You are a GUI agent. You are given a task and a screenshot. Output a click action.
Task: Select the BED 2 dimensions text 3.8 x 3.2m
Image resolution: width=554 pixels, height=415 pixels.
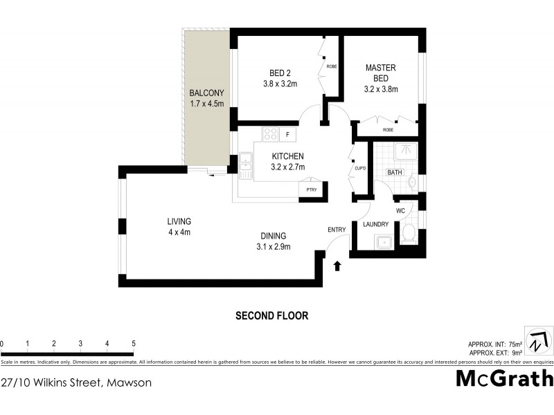[280, 84]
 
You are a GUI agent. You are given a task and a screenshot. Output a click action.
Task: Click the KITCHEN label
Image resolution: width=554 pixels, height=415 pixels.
[287, 156]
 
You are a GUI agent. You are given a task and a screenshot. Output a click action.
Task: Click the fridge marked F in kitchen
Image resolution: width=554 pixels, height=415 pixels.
[287, 134]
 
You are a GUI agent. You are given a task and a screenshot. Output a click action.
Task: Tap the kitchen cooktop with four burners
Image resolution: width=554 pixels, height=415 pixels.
[270, 134]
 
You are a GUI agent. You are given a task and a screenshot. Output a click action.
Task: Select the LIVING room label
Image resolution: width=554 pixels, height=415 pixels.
[179, 221]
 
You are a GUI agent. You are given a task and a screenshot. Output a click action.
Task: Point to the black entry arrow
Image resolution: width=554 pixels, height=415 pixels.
[338, 266]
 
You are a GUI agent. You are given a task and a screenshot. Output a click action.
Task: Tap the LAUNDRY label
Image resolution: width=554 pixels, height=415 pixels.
[375, 224]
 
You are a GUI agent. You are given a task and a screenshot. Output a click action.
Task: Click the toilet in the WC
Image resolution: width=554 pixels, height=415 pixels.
[408, 234]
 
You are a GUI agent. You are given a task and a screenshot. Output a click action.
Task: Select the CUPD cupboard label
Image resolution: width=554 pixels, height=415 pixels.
[359, 168]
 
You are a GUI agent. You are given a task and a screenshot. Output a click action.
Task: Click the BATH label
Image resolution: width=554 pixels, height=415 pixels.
[395, 172]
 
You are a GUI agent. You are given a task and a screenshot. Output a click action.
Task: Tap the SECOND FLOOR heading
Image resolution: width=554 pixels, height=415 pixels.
[272, 315]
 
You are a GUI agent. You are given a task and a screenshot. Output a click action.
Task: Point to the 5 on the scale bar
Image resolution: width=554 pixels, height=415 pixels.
[133, 344]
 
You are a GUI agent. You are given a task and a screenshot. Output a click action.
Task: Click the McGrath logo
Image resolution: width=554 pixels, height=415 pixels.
[504, 379]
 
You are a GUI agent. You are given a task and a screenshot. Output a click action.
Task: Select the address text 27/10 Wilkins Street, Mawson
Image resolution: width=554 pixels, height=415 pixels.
[76, 382]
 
